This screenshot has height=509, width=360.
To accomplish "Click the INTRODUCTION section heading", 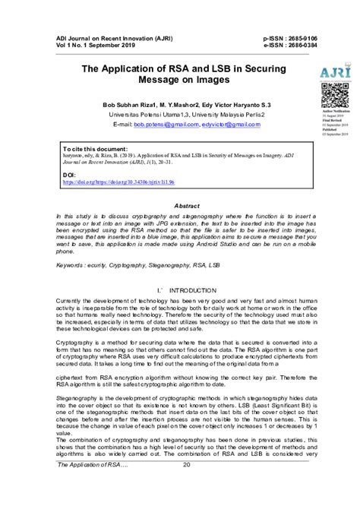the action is click(194, 290).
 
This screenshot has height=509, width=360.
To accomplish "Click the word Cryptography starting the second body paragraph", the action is click(75, 343).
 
